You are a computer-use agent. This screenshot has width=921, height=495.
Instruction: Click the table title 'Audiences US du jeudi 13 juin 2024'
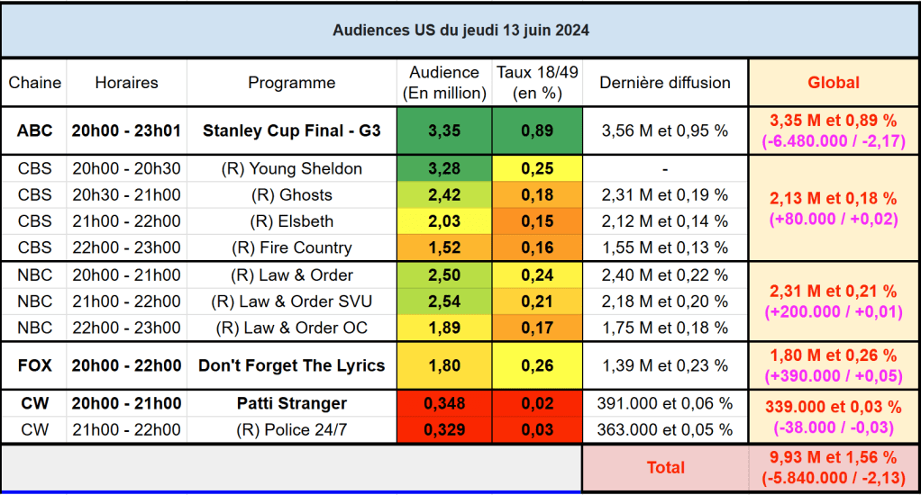click(x=460, y=30)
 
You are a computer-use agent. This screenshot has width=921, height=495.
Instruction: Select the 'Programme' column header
click(x=292, y=83)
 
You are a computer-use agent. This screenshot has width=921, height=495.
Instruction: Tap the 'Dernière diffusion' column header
click(x=665, y=83)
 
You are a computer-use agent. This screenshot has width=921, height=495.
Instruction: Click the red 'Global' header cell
click(x=833, y=83)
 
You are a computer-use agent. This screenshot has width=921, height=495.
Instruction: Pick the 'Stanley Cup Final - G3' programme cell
click(x=292, y=131)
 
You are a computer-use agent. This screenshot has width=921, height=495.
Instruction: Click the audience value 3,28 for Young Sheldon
click(x=444, y=169)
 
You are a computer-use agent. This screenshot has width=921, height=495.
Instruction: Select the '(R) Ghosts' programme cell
click(x=292, y=195)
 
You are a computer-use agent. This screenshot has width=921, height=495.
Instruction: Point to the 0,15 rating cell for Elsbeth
click(x=537, y=221)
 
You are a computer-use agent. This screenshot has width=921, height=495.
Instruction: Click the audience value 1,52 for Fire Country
click(x=444, y=247)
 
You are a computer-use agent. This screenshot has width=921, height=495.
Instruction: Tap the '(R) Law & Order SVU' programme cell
click(x=292, y=301)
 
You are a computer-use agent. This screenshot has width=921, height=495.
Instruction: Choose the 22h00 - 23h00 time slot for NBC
click(x=126, y=328)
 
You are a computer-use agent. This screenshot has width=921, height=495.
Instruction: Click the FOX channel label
click(x=34, y=365)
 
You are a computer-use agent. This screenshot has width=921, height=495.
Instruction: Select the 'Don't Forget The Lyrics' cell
click(x=292, y=365)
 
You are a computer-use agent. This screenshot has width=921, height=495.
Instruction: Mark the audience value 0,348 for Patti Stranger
click(x=444, y=403)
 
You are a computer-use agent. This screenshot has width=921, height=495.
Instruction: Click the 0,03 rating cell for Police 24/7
click(x=537, y=429)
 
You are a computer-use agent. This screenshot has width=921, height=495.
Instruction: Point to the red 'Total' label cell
click(x=665, y=467)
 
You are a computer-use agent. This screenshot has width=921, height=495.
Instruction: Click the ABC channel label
click(x=34, y=131)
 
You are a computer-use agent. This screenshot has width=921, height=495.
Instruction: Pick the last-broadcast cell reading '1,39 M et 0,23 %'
click(x=665, y=365)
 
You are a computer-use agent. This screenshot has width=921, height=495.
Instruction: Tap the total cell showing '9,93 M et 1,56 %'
click(x=833, y=458)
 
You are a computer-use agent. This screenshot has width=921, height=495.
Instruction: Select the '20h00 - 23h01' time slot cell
click(x=126, y=131)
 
